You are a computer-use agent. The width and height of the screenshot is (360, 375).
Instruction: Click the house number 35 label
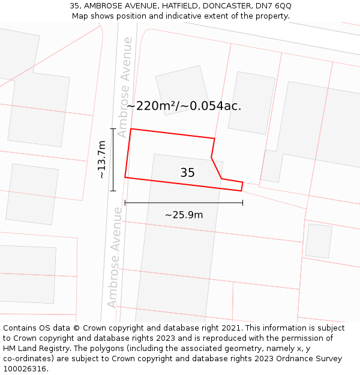pos(187,173)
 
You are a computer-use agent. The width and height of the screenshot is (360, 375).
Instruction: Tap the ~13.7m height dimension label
pos(102,160)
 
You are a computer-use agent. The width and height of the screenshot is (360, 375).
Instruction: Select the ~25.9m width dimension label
pos(184,215)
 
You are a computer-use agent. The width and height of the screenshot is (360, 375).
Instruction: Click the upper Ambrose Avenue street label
pos(124,87)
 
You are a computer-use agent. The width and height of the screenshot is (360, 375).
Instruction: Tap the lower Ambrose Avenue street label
pos(114,257)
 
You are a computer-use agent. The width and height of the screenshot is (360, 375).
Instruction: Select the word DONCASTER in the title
pos(223,5)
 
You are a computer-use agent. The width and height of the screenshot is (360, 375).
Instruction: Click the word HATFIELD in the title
pos(175,5)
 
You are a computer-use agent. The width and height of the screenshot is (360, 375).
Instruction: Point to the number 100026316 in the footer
pos(26,369)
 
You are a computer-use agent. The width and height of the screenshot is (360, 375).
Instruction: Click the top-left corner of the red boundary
pos(131,129)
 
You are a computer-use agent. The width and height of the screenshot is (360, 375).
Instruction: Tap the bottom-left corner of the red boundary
pos(125,178)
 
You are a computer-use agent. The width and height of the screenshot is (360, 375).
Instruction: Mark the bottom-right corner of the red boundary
pos(241,191)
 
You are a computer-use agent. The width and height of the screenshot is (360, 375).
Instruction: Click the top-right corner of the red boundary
pos(214,139)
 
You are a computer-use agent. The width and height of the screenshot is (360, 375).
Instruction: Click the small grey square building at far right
pos(319,241)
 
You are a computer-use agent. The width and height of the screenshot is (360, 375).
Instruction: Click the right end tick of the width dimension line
pos(242,203)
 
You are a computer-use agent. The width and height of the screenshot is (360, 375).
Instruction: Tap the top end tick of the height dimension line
pos(113,129)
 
